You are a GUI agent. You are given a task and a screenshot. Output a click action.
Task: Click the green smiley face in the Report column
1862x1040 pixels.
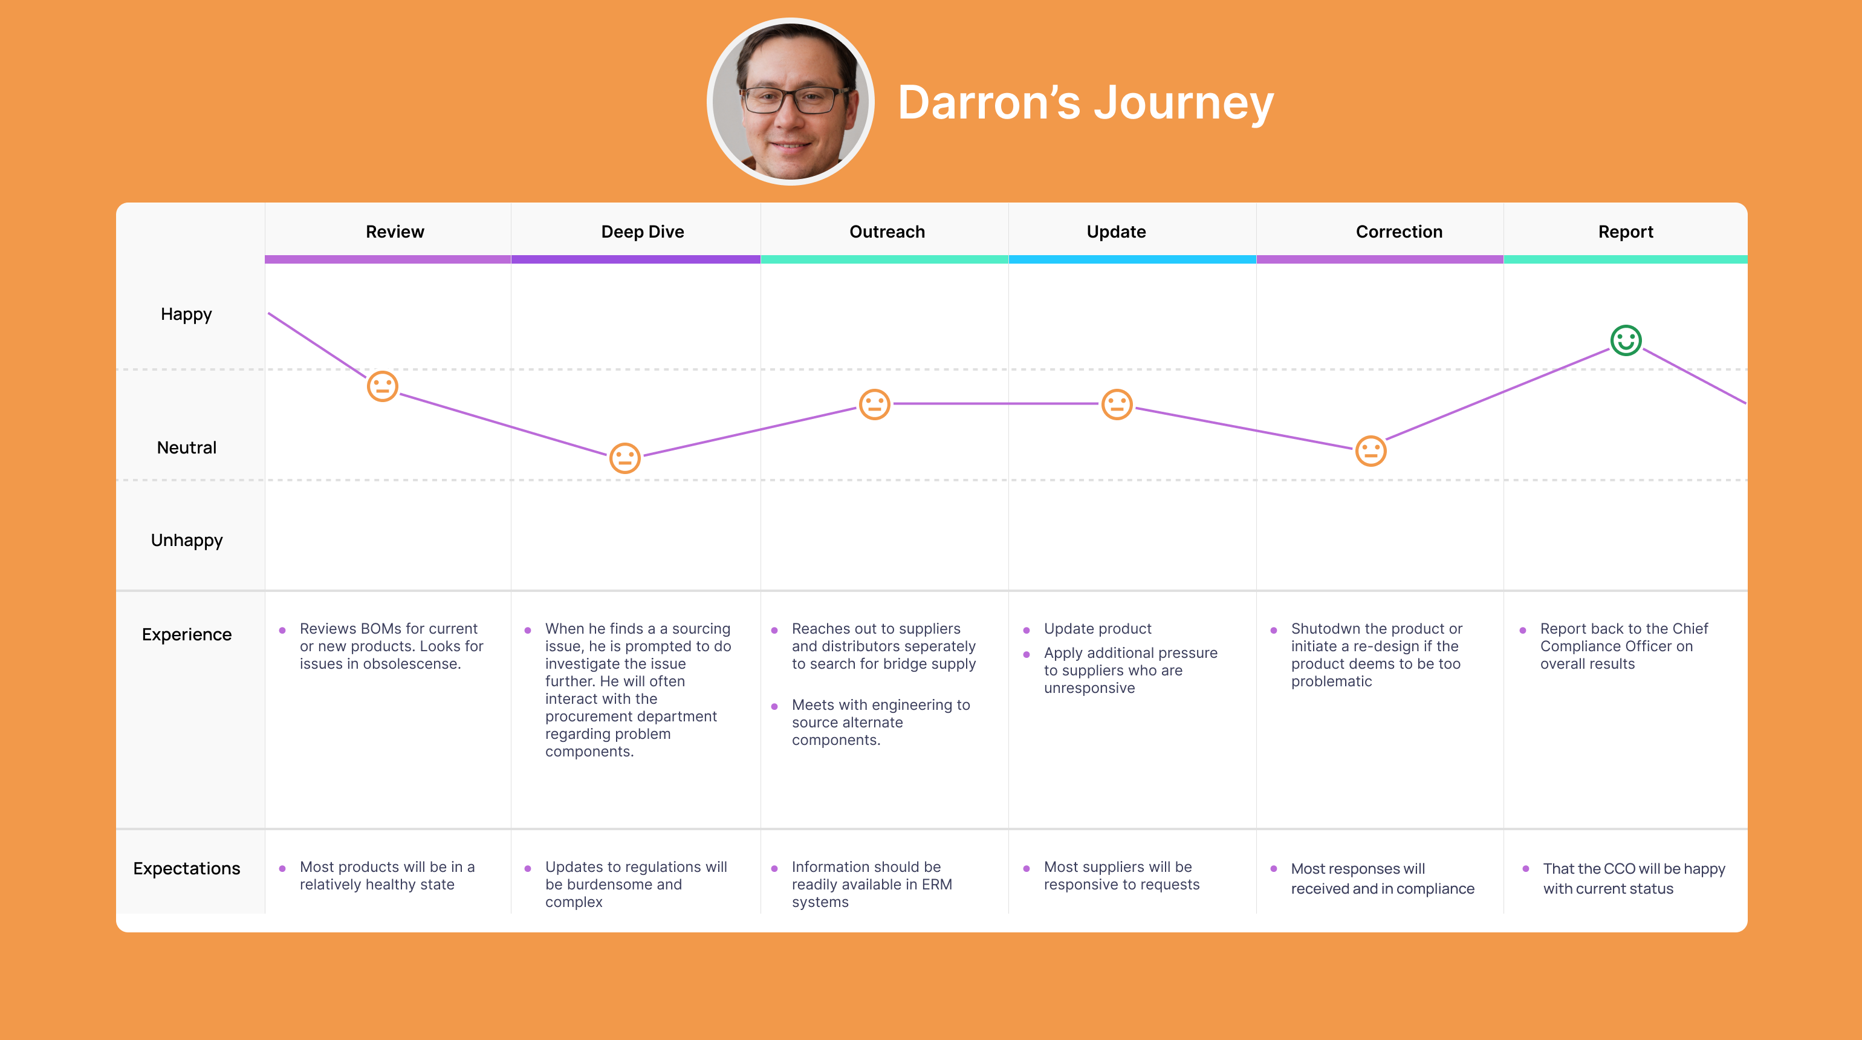point(1626,340)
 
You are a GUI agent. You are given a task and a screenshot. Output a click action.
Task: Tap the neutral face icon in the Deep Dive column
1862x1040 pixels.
point(625,458)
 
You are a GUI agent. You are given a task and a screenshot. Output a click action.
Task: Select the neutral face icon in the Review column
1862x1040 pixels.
point(382,386)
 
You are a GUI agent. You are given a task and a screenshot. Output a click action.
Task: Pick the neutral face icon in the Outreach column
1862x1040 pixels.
point(875,404)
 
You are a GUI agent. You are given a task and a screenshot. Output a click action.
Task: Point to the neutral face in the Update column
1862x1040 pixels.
point(1117,404)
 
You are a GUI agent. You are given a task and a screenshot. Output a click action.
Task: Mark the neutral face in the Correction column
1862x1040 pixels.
point(1371,451)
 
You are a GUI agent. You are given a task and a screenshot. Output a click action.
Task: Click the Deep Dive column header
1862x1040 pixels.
point(643,232)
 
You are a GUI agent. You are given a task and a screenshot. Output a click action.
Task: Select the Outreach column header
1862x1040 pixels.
point(887,232)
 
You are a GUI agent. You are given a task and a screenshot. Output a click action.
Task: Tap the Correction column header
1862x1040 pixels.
point(1399,232)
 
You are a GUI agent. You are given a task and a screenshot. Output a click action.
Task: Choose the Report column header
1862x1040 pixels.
point(1626,232)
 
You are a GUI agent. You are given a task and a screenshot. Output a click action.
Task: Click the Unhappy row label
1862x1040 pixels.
point(186,541)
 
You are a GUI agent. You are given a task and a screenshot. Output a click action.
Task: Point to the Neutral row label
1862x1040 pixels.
point(186,447)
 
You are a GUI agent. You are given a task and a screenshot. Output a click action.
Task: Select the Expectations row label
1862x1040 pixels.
point(186,869)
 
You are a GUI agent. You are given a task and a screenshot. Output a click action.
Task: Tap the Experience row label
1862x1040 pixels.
point(186,634)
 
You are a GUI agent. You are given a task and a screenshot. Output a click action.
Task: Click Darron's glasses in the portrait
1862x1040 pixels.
point(796,100)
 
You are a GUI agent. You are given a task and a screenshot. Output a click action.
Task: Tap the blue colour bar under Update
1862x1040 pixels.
point(1132,259)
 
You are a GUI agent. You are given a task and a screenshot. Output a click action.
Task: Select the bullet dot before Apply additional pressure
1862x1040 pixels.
point(1027,655)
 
